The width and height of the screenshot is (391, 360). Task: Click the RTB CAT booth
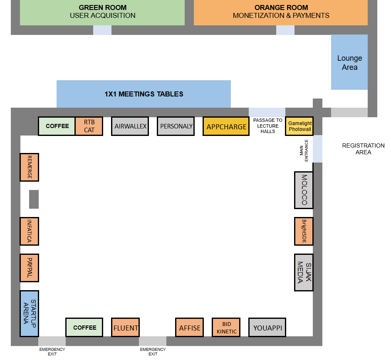(x=89, y=126)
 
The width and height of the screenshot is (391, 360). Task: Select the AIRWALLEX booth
(x=131, y=126)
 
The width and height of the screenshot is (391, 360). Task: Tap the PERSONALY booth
(x=176, y=126)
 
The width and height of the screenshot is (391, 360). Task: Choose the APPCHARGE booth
(x=226, y=126)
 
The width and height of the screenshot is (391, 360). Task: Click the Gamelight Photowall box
(x=299, y=126)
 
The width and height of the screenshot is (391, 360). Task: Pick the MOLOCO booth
(x=304, y=190)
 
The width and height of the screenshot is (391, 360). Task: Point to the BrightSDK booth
(x=304, y=231)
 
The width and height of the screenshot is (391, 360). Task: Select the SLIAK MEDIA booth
(x=304, y=272)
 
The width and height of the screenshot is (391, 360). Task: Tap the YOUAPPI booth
(x=267, y=328)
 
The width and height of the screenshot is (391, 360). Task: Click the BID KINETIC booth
(x=226, y=328)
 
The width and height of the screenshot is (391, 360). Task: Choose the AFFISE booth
(x=190, y=328)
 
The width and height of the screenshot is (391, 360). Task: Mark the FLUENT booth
(x=125, y=328)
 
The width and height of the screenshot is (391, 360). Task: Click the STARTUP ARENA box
(x=29, y=313)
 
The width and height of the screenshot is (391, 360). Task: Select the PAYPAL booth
(x=29, y=268)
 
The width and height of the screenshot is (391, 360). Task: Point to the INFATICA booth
(x=29, y=231)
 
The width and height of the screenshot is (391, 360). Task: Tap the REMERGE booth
(x=29, y=167)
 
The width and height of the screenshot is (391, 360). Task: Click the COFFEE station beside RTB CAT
(x=57, y=126)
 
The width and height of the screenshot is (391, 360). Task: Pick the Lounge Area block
(x=349, y=62)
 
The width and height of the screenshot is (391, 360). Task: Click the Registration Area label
(x=363, y=149)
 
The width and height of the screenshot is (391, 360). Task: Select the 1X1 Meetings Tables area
(x=144, y=94)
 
